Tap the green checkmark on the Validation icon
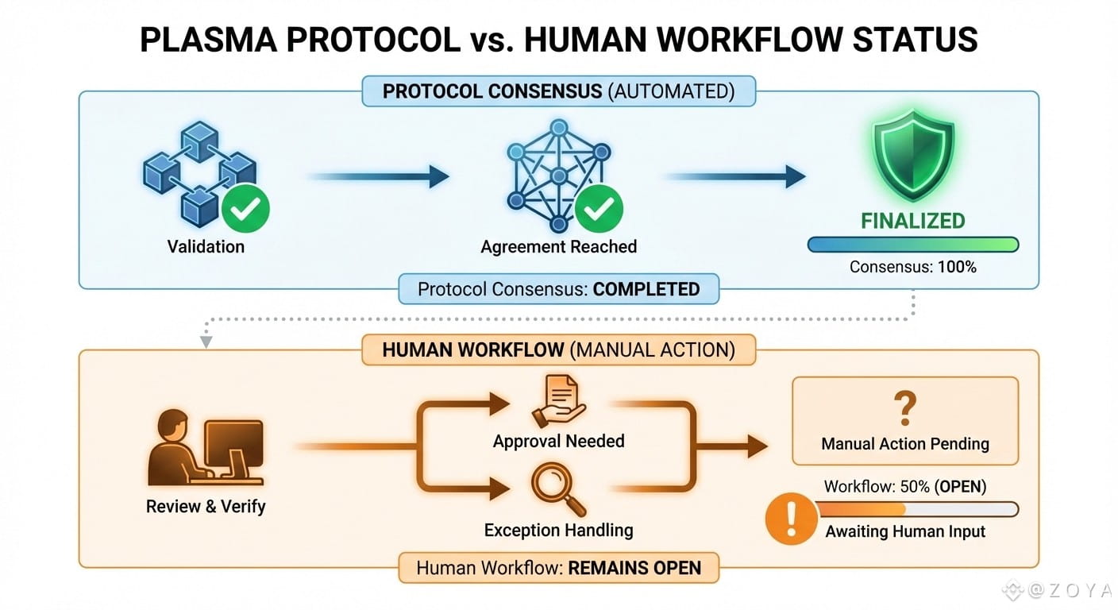245,209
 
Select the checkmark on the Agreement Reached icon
599,209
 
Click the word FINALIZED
913,221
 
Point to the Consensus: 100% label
912,267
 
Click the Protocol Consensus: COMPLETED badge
558,289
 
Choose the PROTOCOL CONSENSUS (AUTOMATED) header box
558,91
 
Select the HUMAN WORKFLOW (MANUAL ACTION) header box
558,350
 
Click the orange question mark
905,408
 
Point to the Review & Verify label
206,507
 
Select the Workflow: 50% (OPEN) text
905,487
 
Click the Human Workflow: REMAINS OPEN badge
558,568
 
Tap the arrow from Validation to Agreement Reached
376,176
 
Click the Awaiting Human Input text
905,532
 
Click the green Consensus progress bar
912,245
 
